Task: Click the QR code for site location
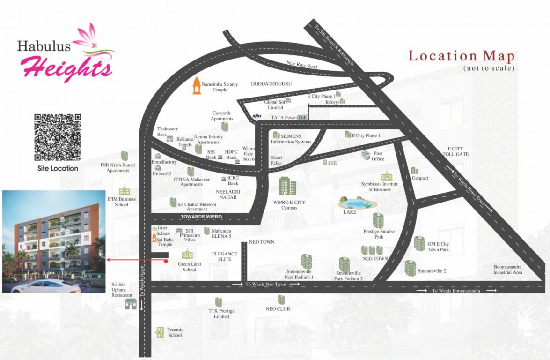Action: pos(58,137)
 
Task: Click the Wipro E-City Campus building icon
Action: pos(287,186)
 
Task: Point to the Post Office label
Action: pos(378,156)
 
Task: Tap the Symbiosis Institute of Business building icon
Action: pos(387,177)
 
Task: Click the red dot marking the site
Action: pos(166,262)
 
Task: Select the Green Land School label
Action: pos(190,267)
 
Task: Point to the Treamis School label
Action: pos(175,332)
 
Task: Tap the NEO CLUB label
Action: pos(278,309)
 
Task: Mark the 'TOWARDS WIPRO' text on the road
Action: pos(201,217)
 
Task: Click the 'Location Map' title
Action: pos(462,56)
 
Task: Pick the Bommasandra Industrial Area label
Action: pos(507,270)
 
